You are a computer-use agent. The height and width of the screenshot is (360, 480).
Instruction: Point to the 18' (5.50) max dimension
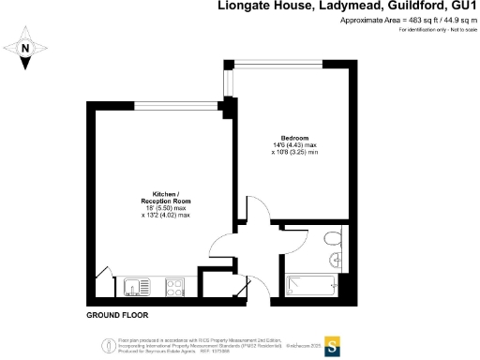tap(164, 208)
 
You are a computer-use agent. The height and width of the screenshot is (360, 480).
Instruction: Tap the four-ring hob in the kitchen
tap(174, 285)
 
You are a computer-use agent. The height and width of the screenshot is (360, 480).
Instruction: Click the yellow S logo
tap(332, 343)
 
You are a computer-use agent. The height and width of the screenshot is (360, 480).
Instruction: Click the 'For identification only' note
tap(436, 30)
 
